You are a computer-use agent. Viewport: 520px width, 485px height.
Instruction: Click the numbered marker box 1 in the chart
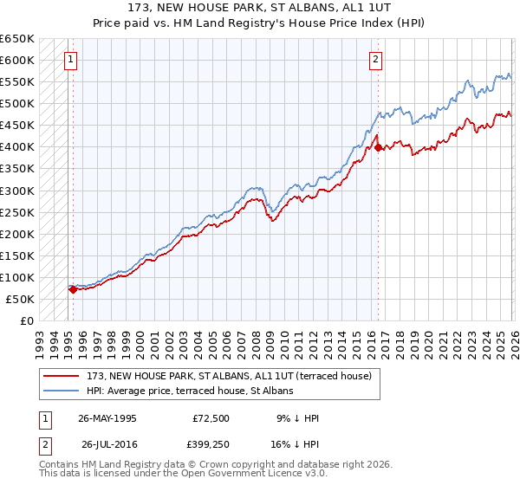69,60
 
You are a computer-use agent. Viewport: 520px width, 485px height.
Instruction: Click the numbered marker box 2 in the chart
375,60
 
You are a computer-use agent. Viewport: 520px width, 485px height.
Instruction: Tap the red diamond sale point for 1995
73,289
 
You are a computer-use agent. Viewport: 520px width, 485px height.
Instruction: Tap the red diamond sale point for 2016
379,147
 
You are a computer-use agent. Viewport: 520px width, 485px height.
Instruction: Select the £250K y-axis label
17,212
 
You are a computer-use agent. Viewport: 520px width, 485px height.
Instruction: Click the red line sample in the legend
61,376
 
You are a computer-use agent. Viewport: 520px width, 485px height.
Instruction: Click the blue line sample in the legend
61,391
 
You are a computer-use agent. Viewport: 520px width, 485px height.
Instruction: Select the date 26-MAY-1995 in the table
107,418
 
